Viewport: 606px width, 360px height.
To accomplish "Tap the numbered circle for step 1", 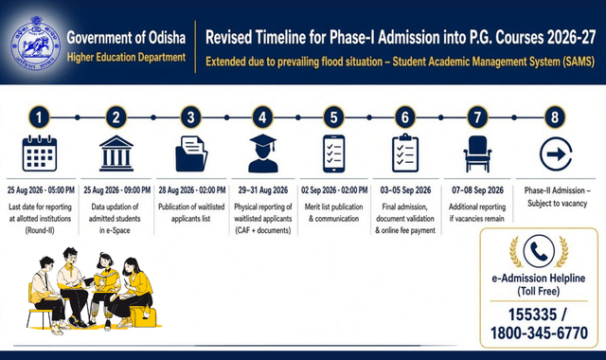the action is click(39, 117).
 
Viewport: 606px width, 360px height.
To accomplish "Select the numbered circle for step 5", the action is click(333, 117).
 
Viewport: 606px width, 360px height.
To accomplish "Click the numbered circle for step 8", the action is click(555, 117).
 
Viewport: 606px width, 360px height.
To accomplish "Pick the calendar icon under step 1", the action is click(40, 153).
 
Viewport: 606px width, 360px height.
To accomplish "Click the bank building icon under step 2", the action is click(116, 153).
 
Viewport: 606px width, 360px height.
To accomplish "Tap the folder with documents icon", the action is click(191, 153).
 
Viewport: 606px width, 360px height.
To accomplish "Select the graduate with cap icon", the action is click(263, 153).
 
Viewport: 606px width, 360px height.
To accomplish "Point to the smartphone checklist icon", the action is click(333, 153).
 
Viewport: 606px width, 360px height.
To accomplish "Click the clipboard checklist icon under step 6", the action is click(405, 153).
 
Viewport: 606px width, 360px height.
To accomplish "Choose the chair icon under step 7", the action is click(477, 153).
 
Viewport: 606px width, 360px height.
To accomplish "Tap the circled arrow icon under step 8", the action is click(556, 153).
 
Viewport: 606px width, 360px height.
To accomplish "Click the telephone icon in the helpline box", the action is click(539, 251).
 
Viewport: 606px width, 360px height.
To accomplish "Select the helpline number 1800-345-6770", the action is click(539, 333).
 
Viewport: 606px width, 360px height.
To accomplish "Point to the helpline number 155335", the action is click(532, 315).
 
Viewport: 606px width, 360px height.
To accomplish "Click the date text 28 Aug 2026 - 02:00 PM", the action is click(192, 190).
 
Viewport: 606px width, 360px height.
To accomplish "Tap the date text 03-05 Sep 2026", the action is click(405, 190).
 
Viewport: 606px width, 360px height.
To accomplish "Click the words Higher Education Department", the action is click(126, 57).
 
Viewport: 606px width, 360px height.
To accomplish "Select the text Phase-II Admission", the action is click(555, 190).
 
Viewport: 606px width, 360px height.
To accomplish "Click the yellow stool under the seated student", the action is click(144, 316).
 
